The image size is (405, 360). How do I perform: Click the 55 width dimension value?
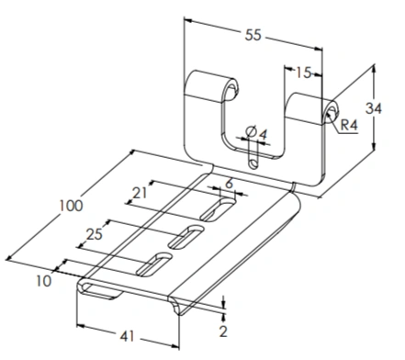[253, 35]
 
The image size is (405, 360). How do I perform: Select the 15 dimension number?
[303, 73]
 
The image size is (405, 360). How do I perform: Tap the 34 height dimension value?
[374, 108]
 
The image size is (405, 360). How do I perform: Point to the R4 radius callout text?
[349, 125]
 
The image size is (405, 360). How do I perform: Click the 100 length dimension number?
[71, 206]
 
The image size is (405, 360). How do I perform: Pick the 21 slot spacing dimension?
[140, 193]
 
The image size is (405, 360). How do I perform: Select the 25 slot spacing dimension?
[95, 234]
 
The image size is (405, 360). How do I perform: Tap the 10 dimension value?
[44, 281]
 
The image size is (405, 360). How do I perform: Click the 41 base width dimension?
[127, 336]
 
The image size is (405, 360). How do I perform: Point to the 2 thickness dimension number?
[223, 332]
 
